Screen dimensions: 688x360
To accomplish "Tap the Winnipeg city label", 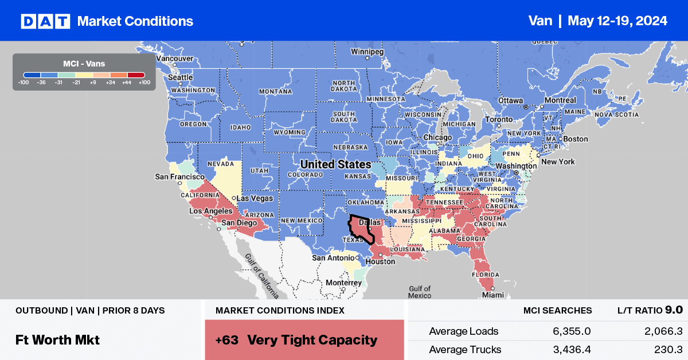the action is pyautogui.click(x=367, y=52).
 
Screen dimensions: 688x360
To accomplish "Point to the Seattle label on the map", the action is pyautogui.click(x=180, y=77).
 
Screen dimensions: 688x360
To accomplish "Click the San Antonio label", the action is pyautogui.click(x=334, y=258).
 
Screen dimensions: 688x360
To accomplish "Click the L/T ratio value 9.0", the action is pyautogui.click(x=674, y=310).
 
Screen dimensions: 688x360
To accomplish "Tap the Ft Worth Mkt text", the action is pyautogui.click(x=57, y=339).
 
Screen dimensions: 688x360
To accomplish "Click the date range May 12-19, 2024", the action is pyautogui.click(x=617, y=21).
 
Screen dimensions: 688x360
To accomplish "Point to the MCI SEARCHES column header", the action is pyautogui.click(x=557, y=310).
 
